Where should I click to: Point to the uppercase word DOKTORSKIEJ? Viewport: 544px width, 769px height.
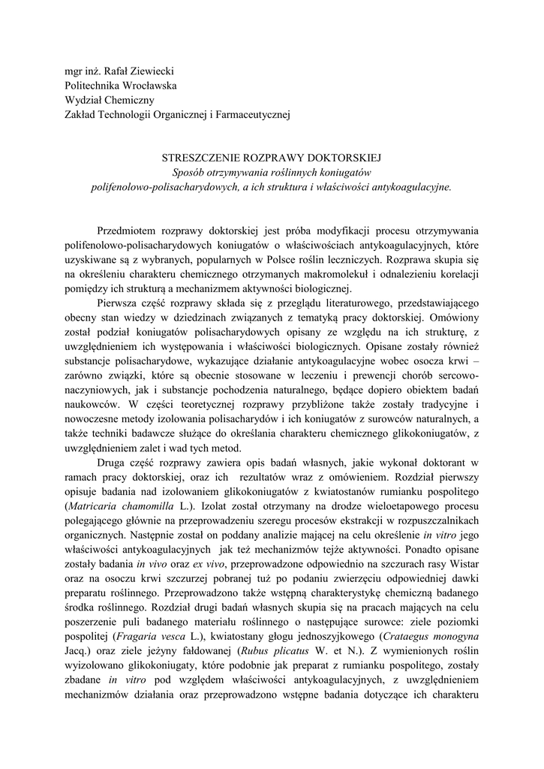coord(347,158)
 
